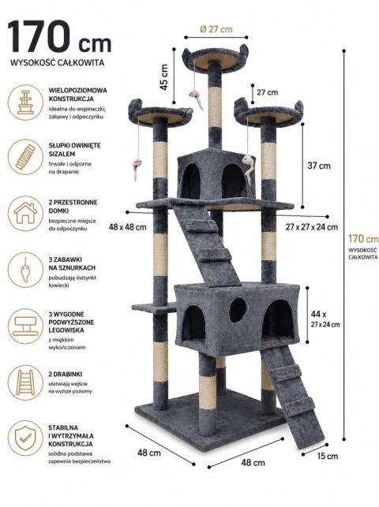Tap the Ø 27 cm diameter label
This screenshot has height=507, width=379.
(x=216, y=29)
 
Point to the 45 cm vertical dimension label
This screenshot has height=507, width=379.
(x=164, y=77)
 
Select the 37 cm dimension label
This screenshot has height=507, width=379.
(x=319, y=166)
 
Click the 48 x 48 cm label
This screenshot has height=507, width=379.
(x=128, y=227)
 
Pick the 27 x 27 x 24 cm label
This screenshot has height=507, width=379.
(x=312, y=227)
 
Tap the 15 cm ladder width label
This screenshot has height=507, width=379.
(x=328, y=457)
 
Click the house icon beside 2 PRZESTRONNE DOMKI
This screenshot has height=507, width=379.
(x=25, y=214)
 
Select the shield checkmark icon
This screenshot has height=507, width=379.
(x=25, y=438)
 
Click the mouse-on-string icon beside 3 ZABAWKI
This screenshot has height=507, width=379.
(x=25, y=270)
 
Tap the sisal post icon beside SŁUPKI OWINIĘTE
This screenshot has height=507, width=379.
(x=25, y=157)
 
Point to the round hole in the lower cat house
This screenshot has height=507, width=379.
(x=238, y=311)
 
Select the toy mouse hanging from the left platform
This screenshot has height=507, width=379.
(x=136, y=169)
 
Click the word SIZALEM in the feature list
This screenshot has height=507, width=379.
(x=62, y=154)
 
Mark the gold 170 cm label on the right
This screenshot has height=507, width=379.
(x=363, y=239)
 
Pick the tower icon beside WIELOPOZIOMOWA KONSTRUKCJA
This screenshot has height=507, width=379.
(x=25, y=103)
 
